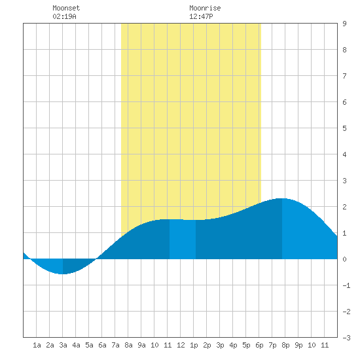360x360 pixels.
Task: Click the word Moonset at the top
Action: (x=66, y=8)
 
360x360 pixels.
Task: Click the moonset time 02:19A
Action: (x=64, y=16)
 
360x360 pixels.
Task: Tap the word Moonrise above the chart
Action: (x=205, y=8)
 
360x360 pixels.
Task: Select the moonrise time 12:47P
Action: (x=201, y=16)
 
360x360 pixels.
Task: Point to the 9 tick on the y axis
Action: (x=344, y=24)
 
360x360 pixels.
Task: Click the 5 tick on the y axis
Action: (x=344, y=128)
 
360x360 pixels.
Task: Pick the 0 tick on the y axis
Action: (x=344, y=259)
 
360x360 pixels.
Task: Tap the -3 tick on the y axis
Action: (x=346, y=338)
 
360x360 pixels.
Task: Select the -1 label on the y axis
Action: (x=346, y=285)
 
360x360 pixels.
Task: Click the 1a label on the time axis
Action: (x=37, y=345)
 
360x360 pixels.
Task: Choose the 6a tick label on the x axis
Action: (x=102, y=345)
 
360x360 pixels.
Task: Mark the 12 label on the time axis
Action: (x=181, y=345)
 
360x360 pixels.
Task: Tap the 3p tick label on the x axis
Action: (x=220, y=345)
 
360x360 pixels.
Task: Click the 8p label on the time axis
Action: (x=285, y=345)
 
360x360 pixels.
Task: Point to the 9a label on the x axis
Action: (x=141, y=345)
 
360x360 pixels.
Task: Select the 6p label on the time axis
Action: (x=259, y=345)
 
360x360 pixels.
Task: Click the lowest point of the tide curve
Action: (x=63, y=274)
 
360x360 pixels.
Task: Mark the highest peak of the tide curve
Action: (x=282, y=198)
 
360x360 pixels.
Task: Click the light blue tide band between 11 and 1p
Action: (x=183, y=239)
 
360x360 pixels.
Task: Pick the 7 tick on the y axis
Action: (x=344, y=76)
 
